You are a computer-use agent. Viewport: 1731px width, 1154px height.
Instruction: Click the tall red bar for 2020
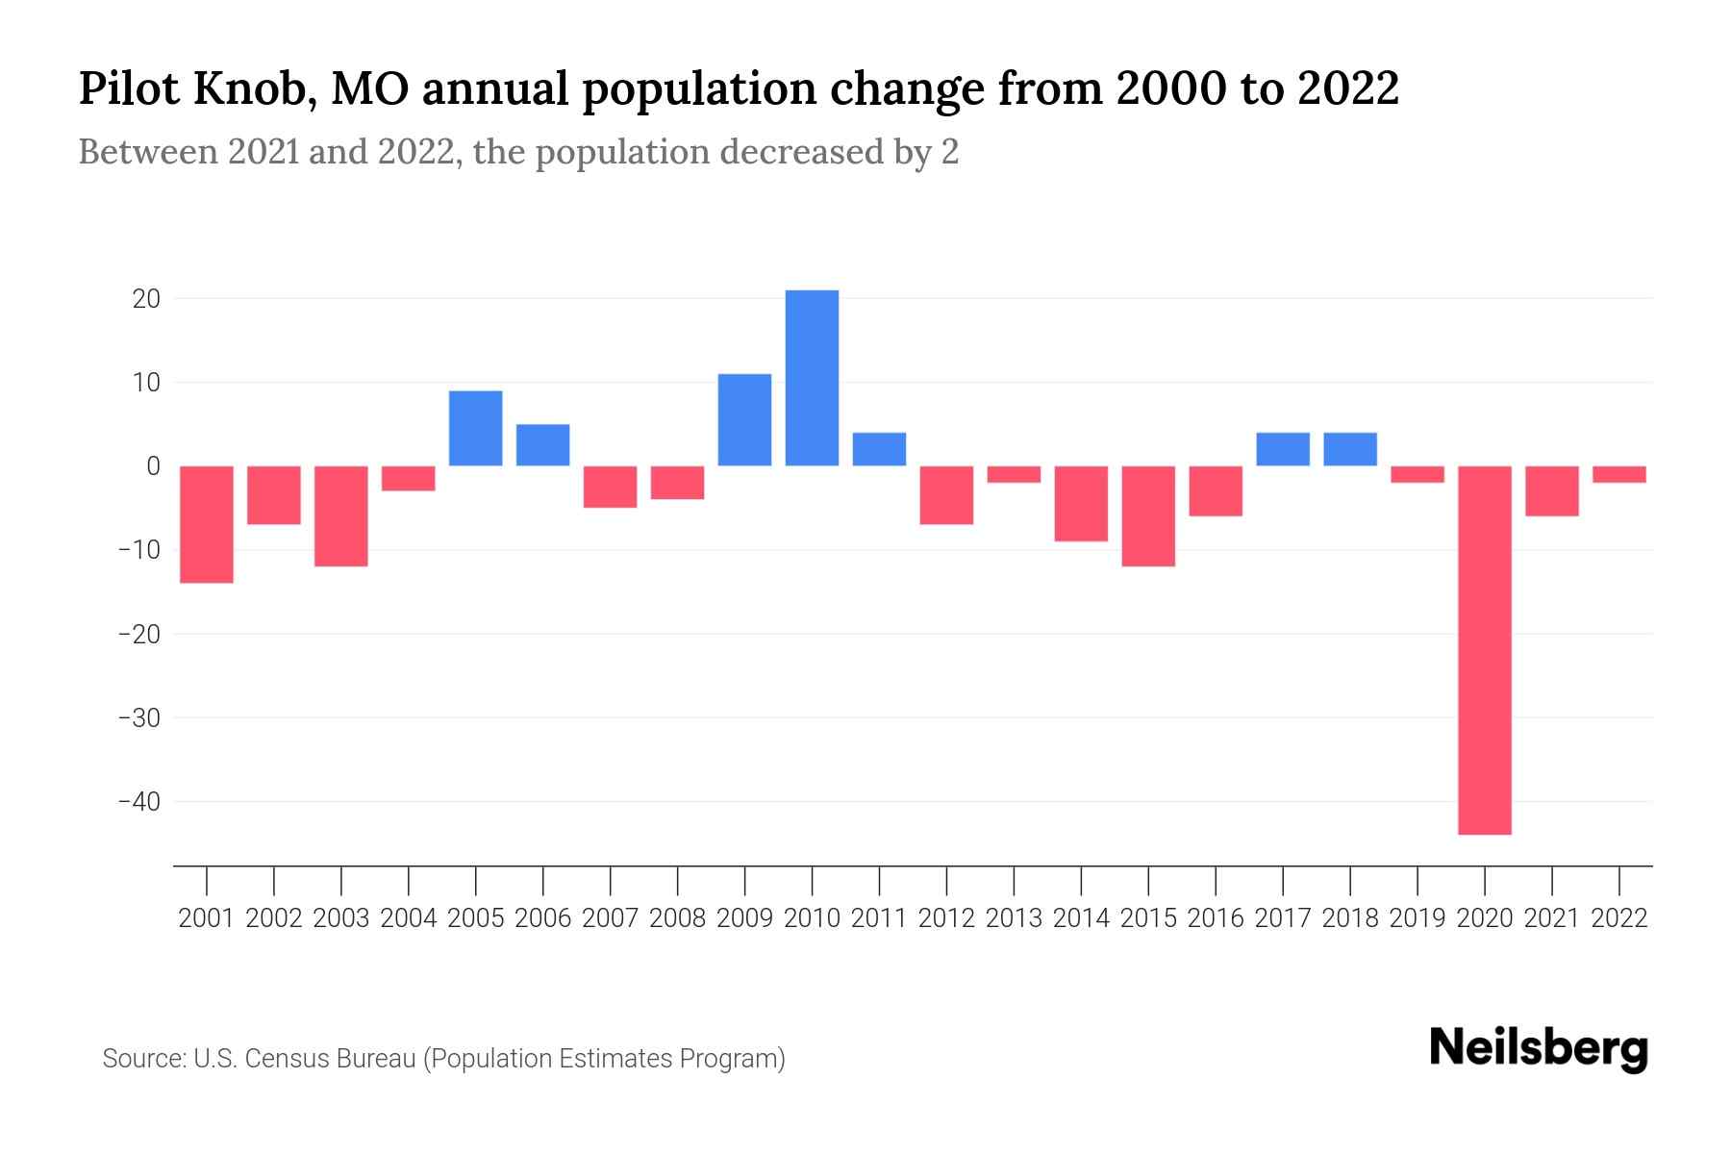[1484, 650]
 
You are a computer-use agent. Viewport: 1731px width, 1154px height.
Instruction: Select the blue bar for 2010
[812, 378]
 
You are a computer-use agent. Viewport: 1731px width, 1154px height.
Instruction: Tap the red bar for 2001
[207, 524]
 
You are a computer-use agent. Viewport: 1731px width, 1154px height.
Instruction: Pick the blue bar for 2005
[476, 428]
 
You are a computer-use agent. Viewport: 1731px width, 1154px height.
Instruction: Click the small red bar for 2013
[1014, 474]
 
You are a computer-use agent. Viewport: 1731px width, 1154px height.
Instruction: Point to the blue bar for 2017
[1283, 449]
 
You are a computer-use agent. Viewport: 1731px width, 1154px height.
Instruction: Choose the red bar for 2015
[1148, 516]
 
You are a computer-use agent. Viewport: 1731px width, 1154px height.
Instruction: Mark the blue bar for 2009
[744, 420]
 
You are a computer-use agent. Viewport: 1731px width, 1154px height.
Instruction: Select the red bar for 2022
[1619, 474]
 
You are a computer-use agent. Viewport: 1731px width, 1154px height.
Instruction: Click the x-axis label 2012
[946, 918]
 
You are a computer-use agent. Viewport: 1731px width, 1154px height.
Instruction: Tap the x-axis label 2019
[1417, 918]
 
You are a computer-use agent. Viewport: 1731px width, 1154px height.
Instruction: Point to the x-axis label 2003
[341, 918]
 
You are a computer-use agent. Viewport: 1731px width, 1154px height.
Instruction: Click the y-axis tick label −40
[138, 801]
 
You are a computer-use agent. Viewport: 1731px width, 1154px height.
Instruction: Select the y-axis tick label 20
[146, 299]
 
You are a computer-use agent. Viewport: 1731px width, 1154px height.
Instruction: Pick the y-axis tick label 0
[153, 466]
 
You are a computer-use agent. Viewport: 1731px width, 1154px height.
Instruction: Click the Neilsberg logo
[1539, 1049]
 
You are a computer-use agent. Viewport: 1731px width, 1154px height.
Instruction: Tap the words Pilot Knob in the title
[196, 88]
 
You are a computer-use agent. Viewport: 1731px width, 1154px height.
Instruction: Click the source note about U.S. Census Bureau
[444, 1059]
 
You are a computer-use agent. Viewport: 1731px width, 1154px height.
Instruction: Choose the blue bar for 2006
[543, 445]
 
